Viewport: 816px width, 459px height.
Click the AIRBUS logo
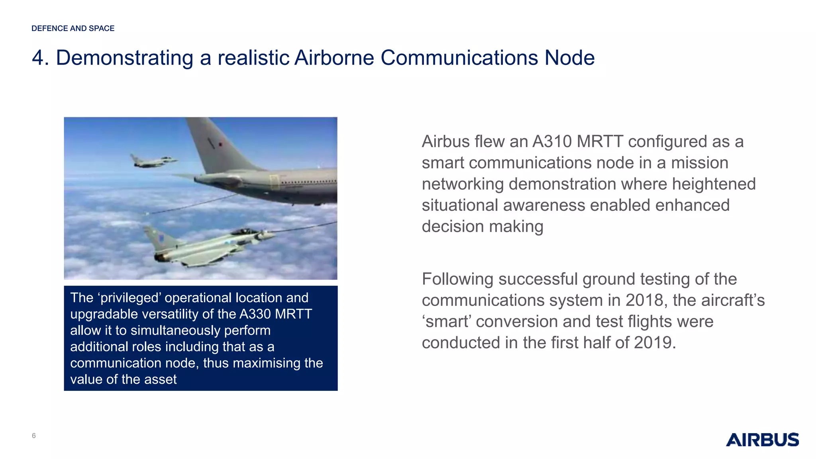coord(762,439)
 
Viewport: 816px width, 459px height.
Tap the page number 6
coord(34,435)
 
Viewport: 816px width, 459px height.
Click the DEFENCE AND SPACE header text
coord(73,28)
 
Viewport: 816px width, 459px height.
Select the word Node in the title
coord(569,58)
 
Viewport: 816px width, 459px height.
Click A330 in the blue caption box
coord(255,314)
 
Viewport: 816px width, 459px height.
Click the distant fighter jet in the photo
coord(153,160)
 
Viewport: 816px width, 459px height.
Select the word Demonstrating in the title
coord(124,58)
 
